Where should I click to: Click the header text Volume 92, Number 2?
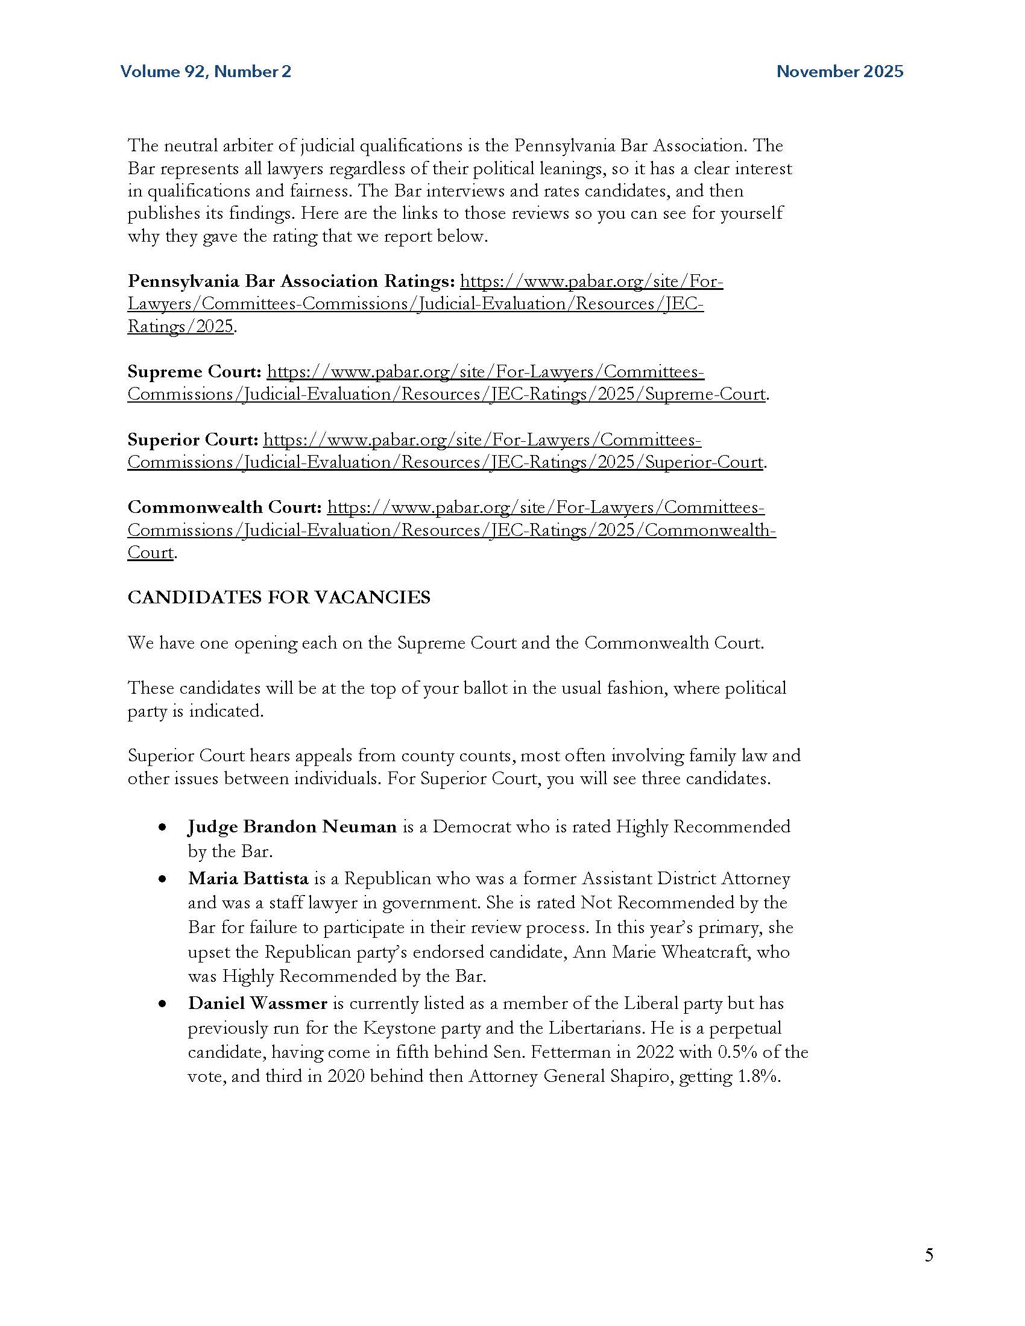pyautogui.click(x=206, y=72)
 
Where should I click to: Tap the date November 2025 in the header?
pyautogui.click(x=840, y=72)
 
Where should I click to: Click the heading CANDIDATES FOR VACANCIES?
pyautogui.click(x=279, y=597)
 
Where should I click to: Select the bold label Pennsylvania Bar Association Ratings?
pyautogui.click(x=291, y=281)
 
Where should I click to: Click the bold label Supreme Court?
pyautogui.click(x=194, y=371)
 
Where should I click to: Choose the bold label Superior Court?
pyautogui.click(x=193, y=439)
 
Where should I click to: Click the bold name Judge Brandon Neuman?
pyautogui.click(x=292, y=826)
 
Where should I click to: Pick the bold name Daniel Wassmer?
pyautogui.click(x=257, y=1003)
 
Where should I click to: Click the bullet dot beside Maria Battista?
pyautogui.click(x=162, y=879)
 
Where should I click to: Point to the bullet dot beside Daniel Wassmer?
pyautogui.click(x=162, y=1004)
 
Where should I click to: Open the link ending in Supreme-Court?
pyautogui.click(x=446, y=394)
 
